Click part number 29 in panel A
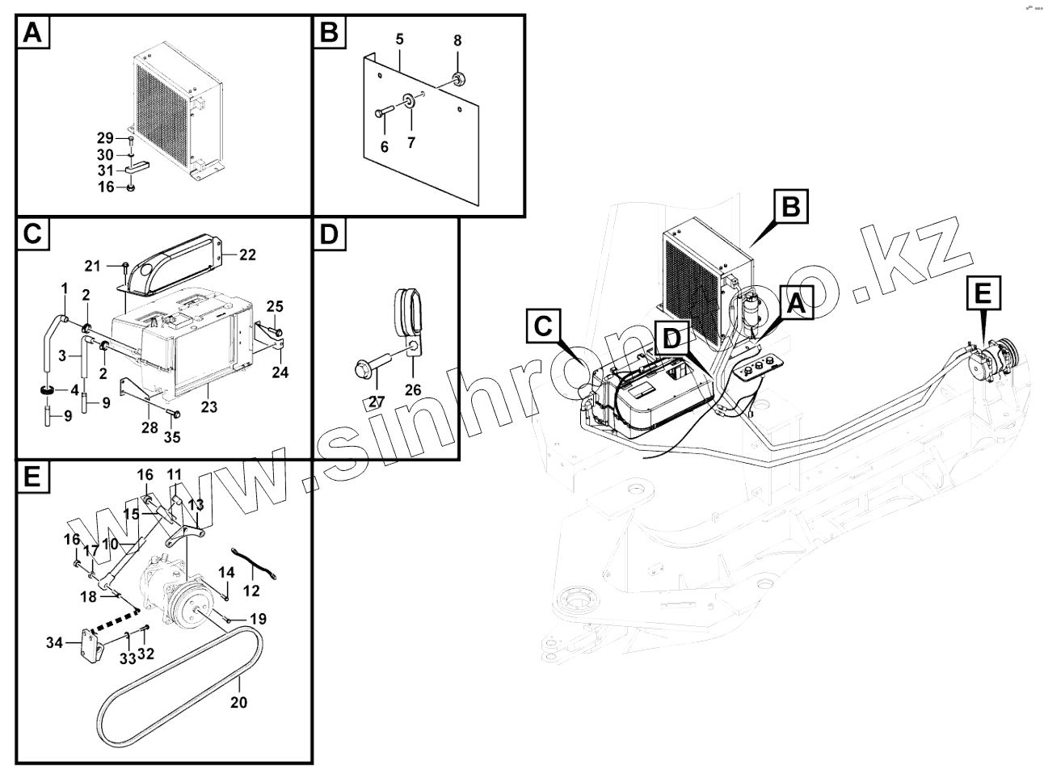tap(106, 138)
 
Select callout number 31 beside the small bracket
tap(106, 170)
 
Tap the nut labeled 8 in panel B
tap(459, 78)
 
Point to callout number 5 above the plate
tap(399, 40)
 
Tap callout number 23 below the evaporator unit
tap(209, 408)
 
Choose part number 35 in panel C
tap(172, 437)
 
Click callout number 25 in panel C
tap(275, 306)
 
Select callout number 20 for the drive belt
tap(238, 702)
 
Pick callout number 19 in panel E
tap(257, 620)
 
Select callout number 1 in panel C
tap(64, 288)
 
